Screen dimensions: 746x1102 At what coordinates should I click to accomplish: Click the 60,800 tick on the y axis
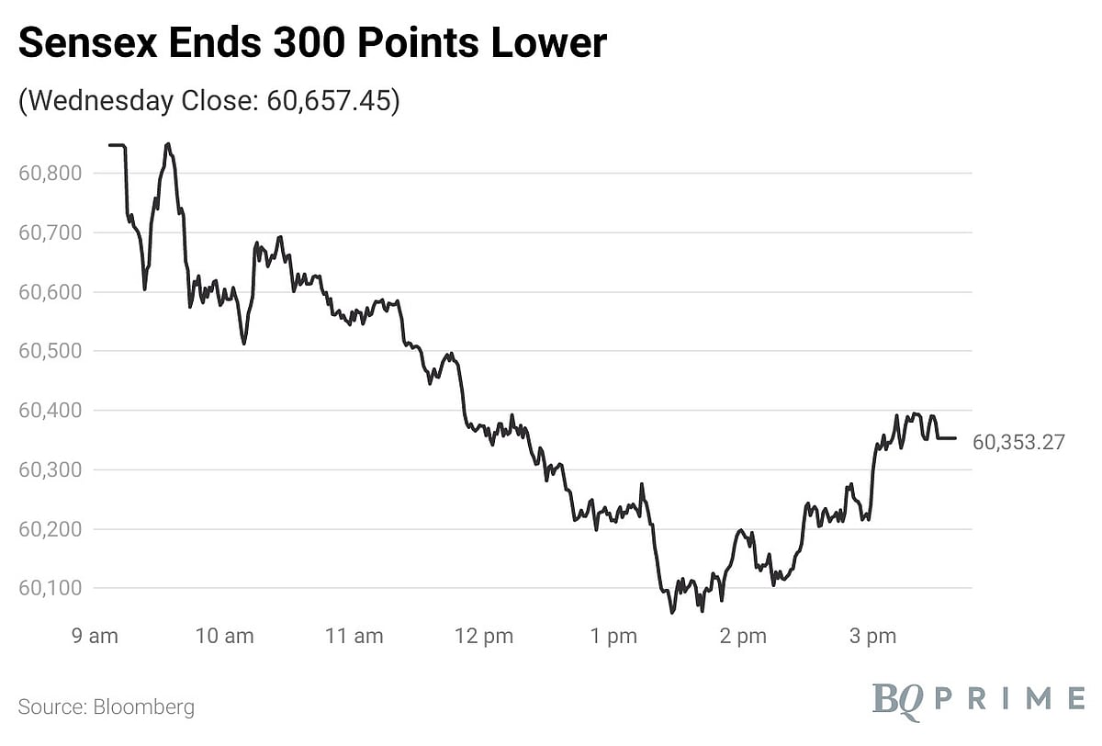(51, 173)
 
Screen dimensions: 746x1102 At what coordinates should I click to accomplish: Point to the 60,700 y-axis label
(51, 232)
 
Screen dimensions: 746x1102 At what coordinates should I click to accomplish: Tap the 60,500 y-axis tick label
(51, 351)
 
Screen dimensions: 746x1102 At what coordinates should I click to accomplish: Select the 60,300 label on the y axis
(51, 469)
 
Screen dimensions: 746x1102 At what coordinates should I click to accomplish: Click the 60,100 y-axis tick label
(51, 588)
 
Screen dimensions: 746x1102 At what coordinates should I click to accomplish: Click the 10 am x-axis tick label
(226, 637)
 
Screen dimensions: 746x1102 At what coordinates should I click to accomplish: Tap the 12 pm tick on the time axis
(484, 637)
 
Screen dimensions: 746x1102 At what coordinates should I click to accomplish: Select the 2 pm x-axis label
(742, 637)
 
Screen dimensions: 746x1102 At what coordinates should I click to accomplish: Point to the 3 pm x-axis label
(871, 637)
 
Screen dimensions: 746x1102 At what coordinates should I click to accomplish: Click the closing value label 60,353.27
(1018, 443)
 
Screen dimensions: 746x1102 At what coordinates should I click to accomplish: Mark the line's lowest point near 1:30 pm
(671, 613)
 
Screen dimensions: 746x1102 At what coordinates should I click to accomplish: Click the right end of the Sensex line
(956, 438)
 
